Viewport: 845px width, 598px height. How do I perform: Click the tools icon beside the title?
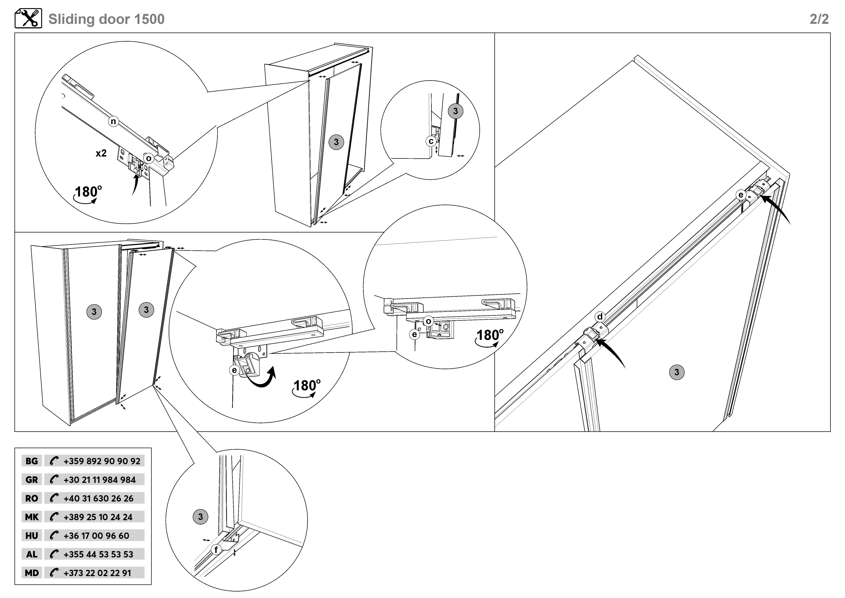[28, 18]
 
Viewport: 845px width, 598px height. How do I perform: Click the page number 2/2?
[819, 19]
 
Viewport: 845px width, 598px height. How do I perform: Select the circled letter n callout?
[113, 121]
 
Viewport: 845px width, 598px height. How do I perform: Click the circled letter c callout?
[431, 141]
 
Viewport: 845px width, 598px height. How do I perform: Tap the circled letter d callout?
[600, 317]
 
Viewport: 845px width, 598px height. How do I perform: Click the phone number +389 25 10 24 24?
[98, 517]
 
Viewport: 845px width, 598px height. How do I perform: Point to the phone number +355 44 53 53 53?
[98, 554]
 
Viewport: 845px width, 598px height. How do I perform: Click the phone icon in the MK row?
[54, 517]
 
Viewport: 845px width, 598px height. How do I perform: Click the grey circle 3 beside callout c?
[456, 111]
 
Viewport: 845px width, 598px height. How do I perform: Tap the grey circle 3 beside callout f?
[200, 517]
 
